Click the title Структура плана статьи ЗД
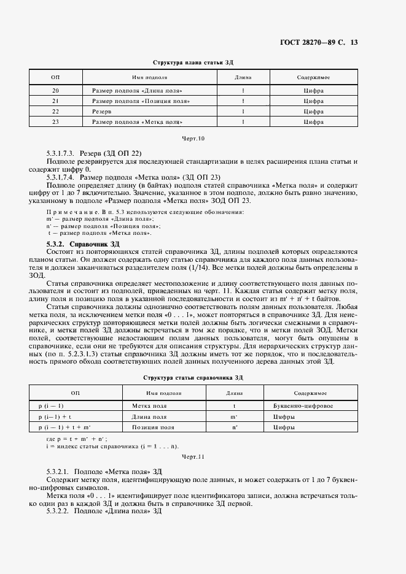click(192, 63)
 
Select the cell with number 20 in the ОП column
click(55, 91)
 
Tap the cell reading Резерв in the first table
click(102, 112)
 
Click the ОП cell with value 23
click(55, 122)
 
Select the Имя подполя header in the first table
click(150, 77)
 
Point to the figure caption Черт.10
click(192, 138)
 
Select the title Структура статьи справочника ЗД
click(192, 378)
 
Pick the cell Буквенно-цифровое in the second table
click(303, 406)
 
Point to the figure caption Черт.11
click(192, 457)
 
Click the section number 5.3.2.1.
click(58, 471)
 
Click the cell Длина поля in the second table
click(149, 416)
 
